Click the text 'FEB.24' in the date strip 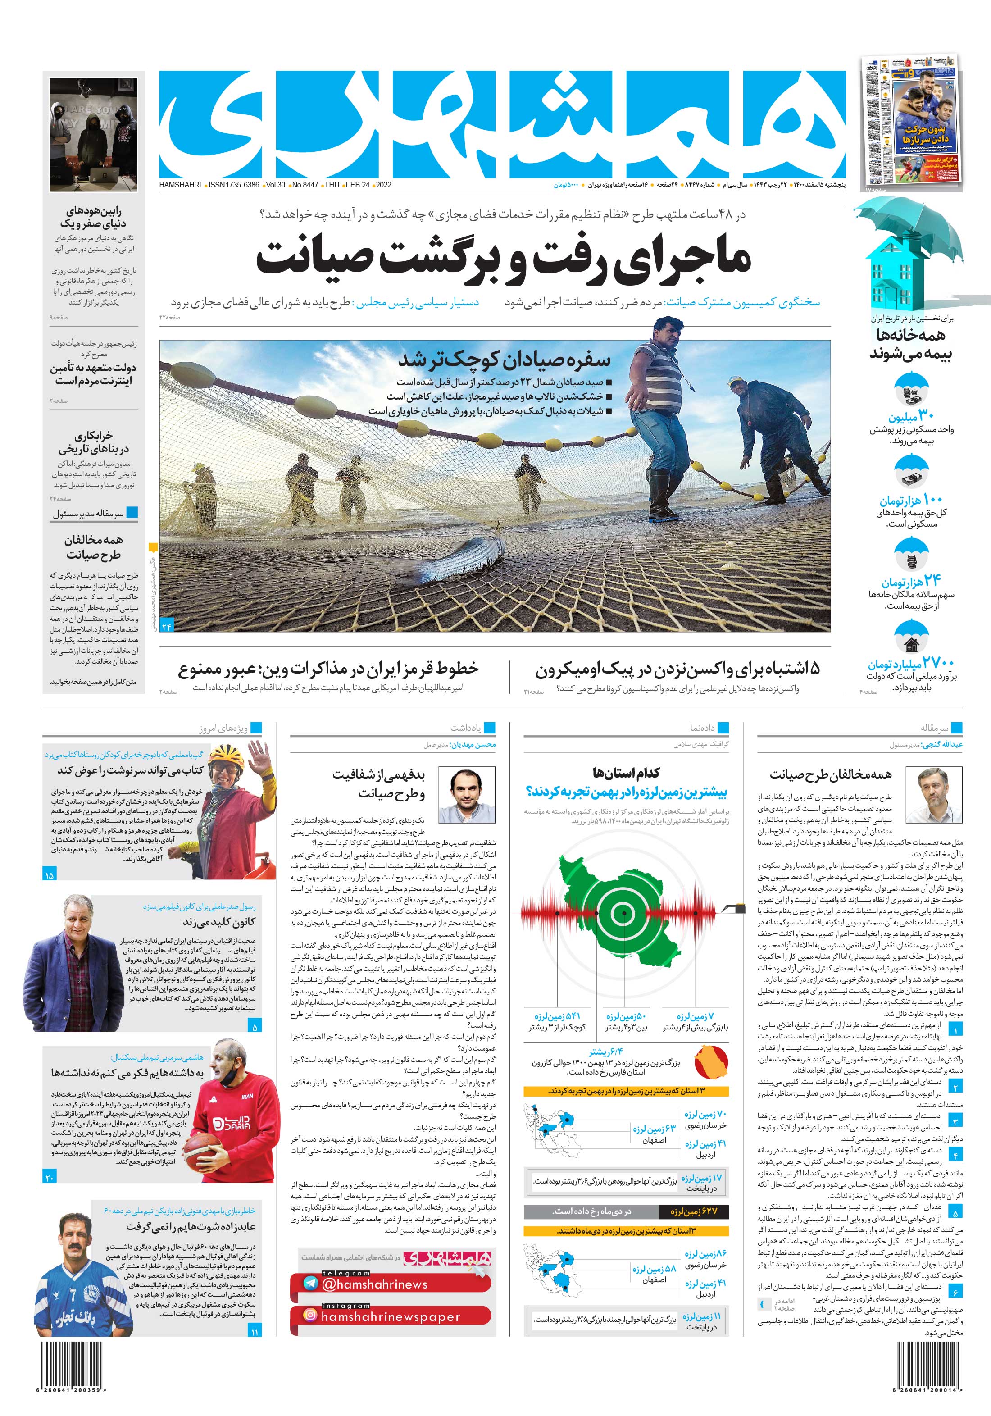[x=358, y=184]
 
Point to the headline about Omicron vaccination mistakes [x=677, y=669]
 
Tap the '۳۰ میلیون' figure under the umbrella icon [x=911, y=416]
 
